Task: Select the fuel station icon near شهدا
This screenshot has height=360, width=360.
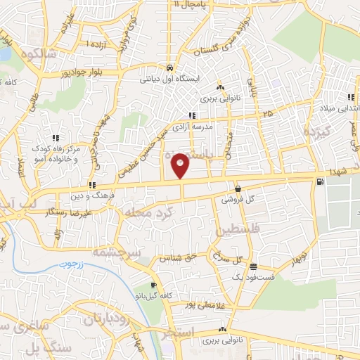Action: (321, 182)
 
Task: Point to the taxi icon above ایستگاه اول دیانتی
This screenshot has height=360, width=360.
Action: (170, 68)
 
